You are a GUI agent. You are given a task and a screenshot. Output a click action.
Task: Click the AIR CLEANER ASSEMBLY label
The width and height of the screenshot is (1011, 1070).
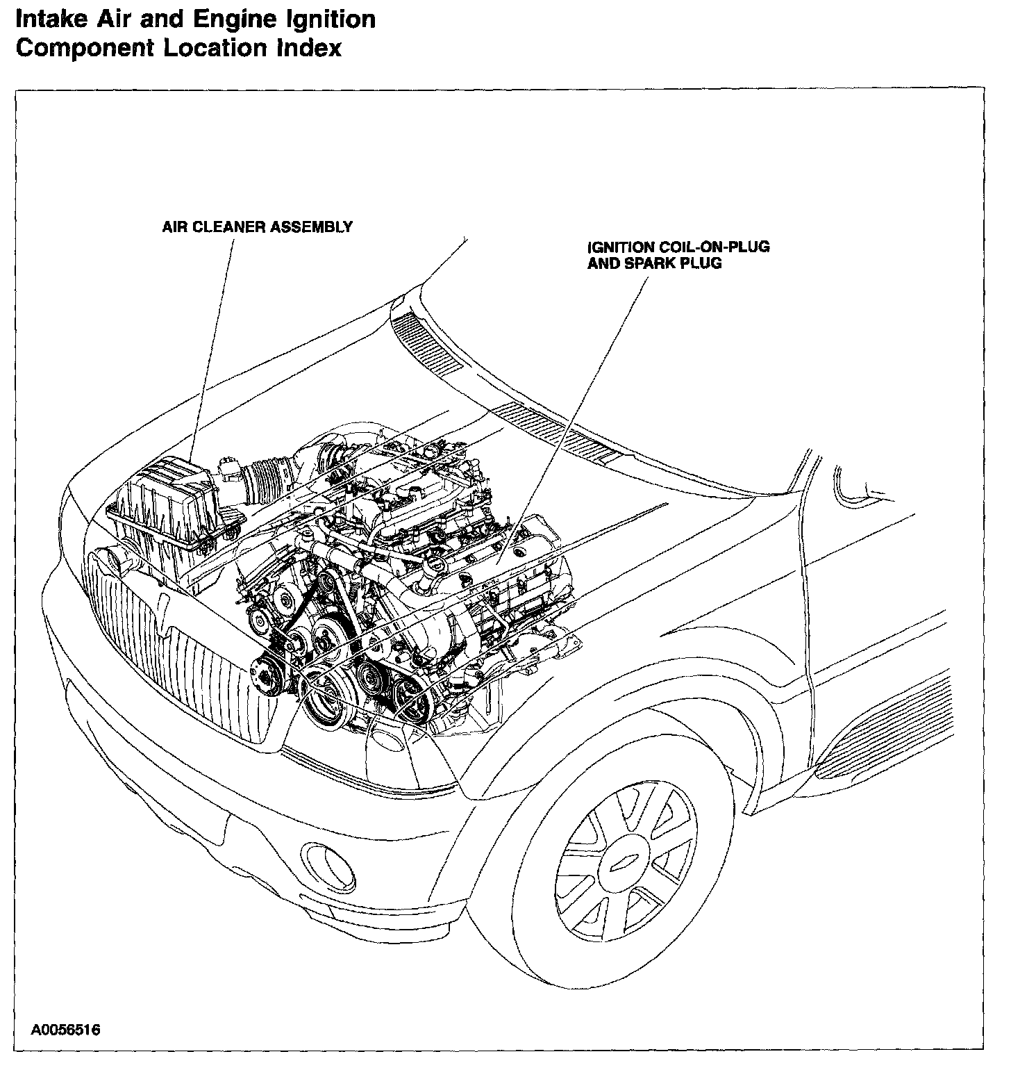pos(257,227)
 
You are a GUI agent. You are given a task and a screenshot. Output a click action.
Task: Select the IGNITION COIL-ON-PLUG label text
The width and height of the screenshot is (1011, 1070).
pos(678,247)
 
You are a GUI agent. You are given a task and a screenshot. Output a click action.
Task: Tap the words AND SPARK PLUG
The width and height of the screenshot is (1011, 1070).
pos(654,263)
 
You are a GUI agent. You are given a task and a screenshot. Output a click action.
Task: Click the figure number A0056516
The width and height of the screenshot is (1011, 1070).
pos(65,1029)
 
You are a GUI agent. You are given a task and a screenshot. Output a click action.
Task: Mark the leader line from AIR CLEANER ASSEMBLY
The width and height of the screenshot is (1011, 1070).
pos(212,347)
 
